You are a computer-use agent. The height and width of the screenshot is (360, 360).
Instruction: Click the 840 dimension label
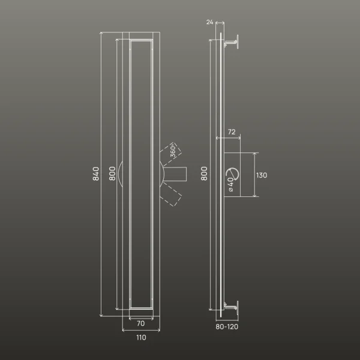point(96,174)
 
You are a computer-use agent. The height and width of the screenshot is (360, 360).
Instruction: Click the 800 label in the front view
point(112,173)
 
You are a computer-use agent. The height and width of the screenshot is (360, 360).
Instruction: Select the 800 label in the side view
point(204,173)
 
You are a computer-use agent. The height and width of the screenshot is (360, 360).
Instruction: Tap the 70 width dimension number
point(141,323)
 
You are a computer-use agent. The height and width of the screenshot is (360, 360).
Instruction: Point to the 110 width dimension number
point(141,337)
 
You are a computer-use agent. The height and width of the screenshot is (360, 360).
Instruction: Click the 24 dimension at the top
point(209,22)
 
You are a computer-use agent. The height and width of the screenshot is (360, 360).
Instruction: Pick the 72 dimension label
point(232,132)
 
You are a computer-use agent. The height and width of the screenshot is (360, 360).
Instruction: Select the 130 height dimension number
point(262,175)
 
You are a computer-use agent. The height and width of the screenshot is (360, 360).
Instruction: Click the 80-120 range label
point(227,327)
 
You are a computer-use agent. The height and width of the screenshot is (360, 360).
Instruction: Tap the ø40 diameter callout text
point(230,185)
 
